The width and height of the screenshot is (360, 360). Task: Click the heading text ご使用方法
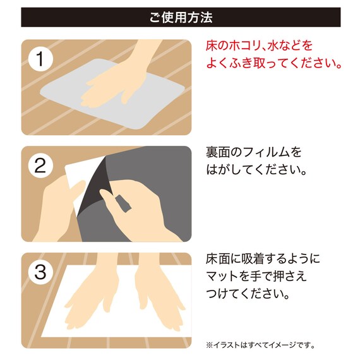point(181,16)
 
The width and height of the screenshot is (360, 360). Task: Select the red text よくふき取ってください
point(273,64)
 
